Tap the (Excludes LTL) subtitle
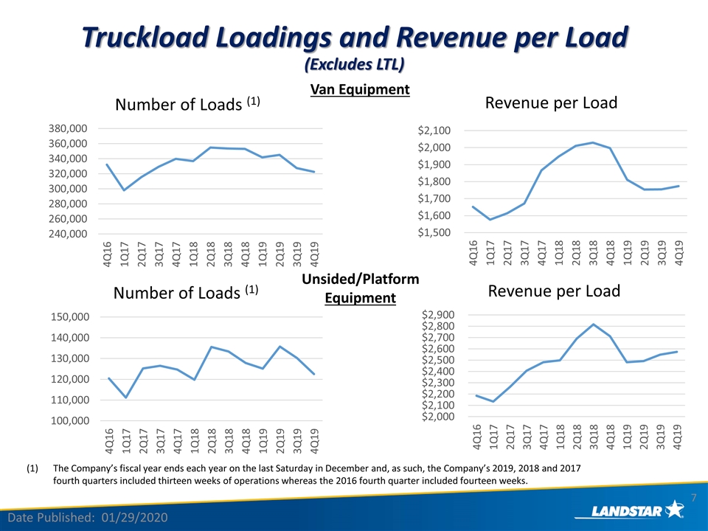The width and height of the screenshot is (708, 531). tap(355, 64)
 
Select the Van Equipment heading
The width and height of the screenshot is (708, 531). tap(360, 89)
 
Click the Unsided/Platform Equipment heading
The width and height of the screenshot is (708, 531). tap(361, 288)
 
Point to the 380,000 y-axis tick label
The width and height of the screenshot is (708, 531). tap(68, 128)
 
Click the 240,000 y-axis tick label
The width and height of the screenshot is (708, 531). tap(68, 234)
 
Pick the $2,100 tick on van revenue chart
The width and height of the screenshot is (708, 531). tap(434, 131)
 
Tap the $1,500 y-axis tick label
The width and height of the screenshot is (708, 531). tap(434, 232)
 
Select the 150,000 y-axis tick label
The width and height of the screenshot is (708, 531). tap(70, 317)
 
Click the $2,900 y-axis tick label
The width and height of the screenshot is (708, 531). tap(438, 314)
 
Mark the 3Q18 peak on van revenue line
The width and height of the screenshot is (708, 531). tap(593, 142)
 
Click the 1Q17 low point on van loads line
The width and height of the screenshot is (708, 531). tap(124, 190)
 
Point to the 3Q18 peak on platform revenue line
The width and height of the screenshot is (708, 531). tap(593, 324)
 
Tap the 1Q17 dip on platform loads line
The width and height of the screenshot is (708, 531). tap(126, 398)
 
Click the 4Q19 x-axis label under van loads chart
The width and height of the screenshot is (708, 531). tap(314, 254)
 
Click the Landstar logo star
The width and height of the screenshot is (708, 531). tap(674, 510)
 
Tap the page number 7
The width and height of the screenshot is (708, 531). tap(694, 498)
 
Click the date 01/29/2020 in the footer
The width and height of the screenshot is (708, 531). tap(134, 518)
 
